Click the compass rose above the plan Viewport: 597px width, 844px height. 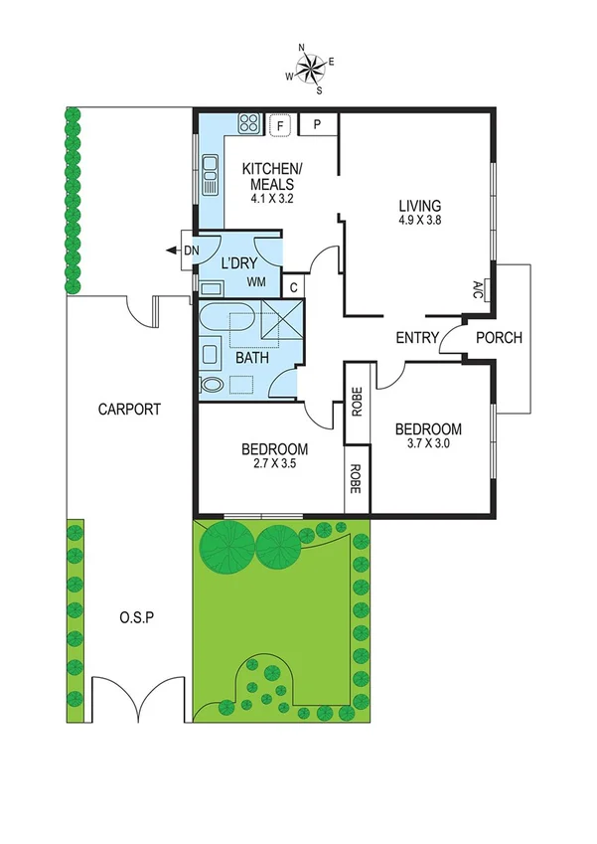312,69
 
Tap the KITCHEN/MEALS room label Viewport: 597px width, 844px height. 269,175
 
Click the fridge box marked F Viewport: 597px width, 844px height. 281,125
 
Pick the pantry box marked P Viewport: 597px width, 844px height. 316,125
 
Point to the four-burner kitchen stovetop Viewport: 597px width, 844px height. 248,125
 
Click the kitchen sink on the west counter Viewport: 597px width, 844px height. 210,176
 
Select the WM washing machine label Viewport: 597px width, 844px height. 256,283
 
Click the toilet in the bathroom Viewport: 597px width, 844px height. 212,384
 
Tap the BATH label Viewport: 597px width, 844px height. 251,358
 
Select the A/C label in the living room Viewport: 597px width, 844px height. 477,290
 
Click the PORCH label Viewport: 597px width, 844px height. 499,338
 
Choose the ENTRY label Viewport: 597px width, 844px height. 417,338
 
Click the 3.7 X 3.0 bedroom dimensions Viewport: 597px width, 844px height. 428,444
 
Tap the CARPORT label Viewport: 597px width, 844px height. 129,409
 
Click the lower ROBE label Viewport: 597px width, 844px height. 356,481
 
